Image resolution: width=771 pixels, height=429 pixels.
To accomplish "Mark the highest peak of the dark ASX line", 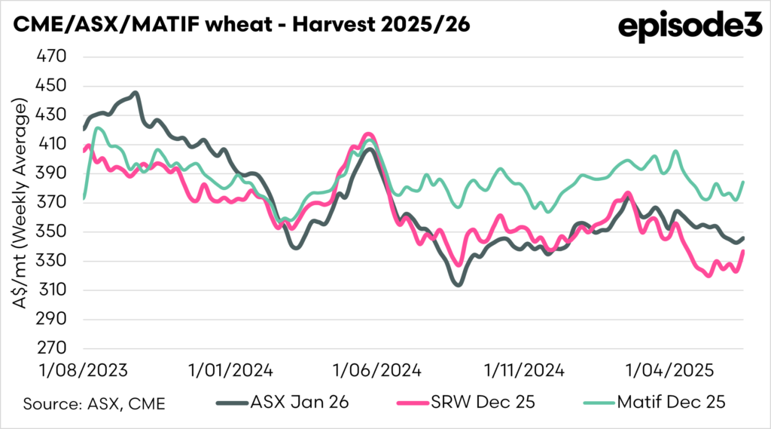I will (x=135, y=93).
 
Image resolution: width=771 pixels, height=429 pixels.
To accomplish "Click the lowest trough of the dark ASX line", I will (x=457, y=285).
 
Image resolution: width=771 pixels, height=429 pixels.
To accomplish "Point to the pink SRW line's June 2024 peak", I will (x=369, y=134).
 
